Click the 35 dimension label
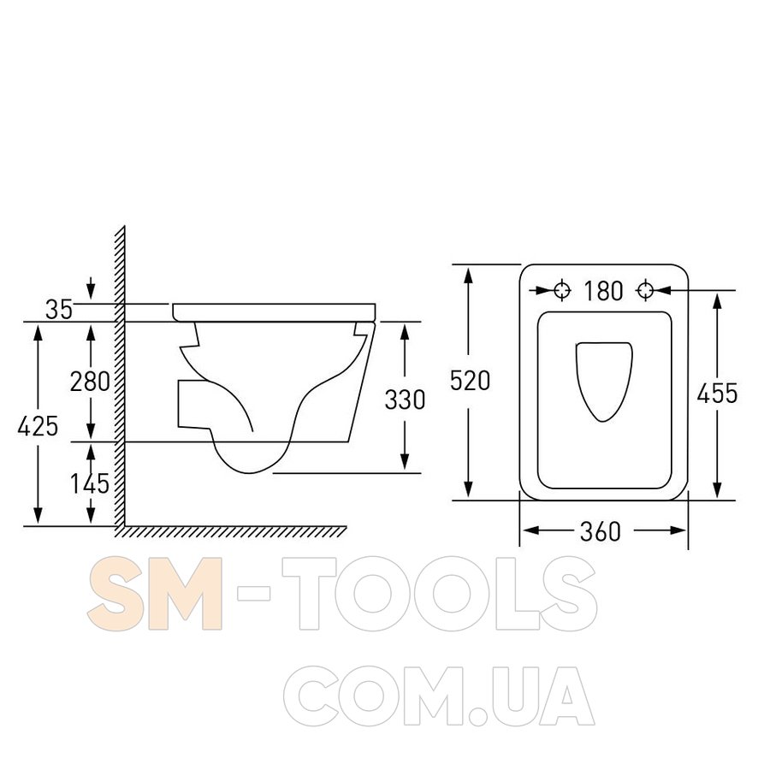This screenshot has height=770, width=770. [59, 310]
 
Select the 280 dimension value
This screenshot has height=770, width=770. [90, 381]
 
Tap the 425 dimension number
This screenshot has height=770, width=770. [38, 426]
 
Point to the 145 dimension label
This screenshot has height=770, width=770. [90, 483]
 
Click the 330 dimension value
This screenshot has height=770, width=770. [405, 400]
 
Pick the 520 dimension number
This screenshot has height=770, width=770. [470, 381]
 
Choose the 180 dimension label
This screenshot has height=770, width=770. [603, 291]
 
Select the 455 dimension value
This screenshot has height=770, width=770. [718, 394]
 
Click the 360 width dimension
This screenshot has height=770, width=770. [601, 531]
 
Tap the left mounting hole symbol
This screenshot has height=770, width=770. [562, 290]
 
